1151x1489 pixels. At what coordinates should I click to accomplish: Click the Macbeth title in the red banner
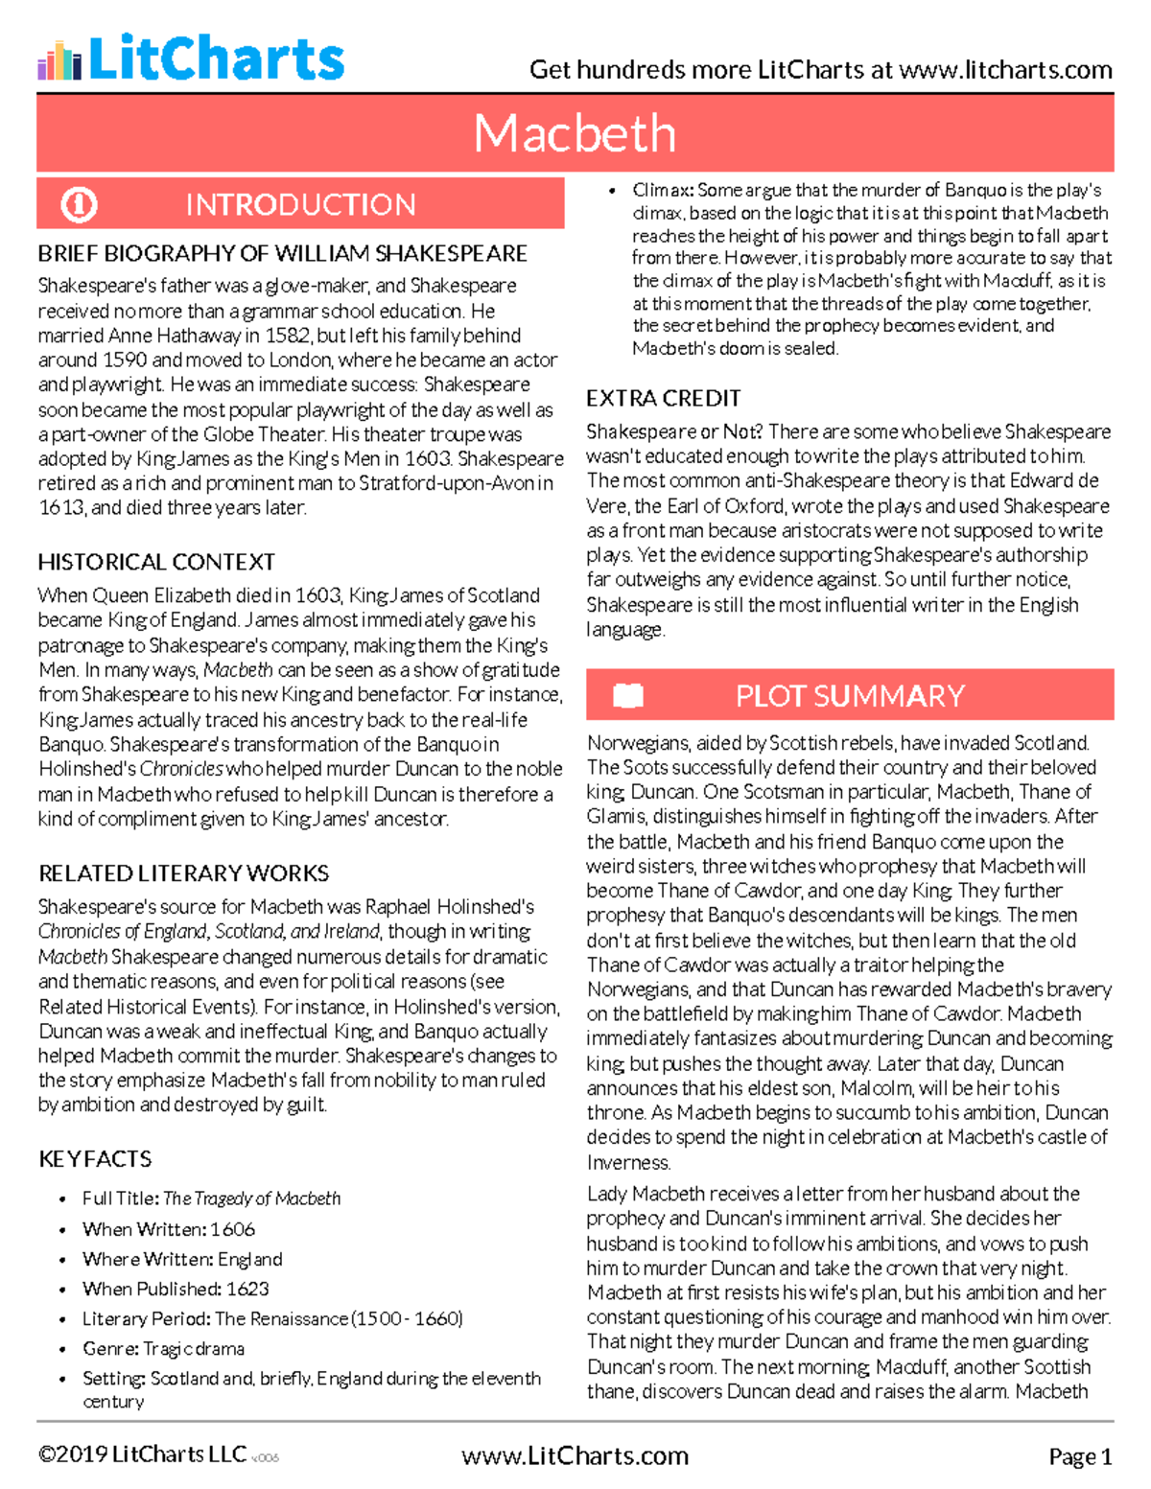point(575,133)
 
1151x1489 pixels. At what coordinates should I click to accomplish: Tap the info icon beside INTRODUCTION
point(79,204)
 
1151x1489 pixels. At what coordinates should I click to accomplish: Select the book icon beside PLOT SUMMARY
point(628,695)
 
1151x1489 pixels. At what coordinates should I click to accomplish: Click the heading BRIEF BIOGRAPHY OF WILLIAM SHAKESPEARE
point(282,254)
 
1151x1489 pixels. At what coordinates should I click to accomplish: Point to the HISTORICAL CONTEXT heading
point(156,562)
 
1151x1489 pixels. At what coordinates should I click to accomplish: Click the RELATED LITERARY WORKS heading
point(183,873)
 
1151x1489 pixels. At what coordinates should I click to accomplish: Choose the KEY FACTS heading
point(95,1159)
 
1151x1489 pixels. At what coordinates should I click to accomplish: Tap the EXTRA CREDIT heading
point(663,399)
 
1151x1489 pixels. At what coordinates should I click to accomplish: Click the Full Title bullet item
point(211,1198)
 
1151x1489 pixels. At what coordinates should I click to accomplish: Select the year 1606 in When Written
point(233,1229)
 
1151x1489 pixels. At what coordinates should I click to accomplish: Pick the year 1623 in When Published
point(247,1289)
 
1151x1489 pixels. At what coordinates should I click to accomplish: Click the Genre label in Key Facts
point(110,1349)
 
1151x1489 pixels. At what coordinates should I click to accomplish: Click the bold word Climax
point(663,190)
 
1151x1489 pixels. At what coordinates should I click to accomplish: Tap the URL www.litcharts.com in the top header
point(1006,70)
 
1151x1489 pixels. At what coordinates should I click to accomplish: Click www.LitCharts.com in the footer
point(575,1456)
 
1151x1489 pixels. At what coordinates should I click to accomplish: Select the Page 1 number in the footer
point(1080,1457)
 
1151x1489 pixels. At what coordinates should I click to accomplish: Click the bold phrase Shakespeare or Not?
point(674,432)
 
